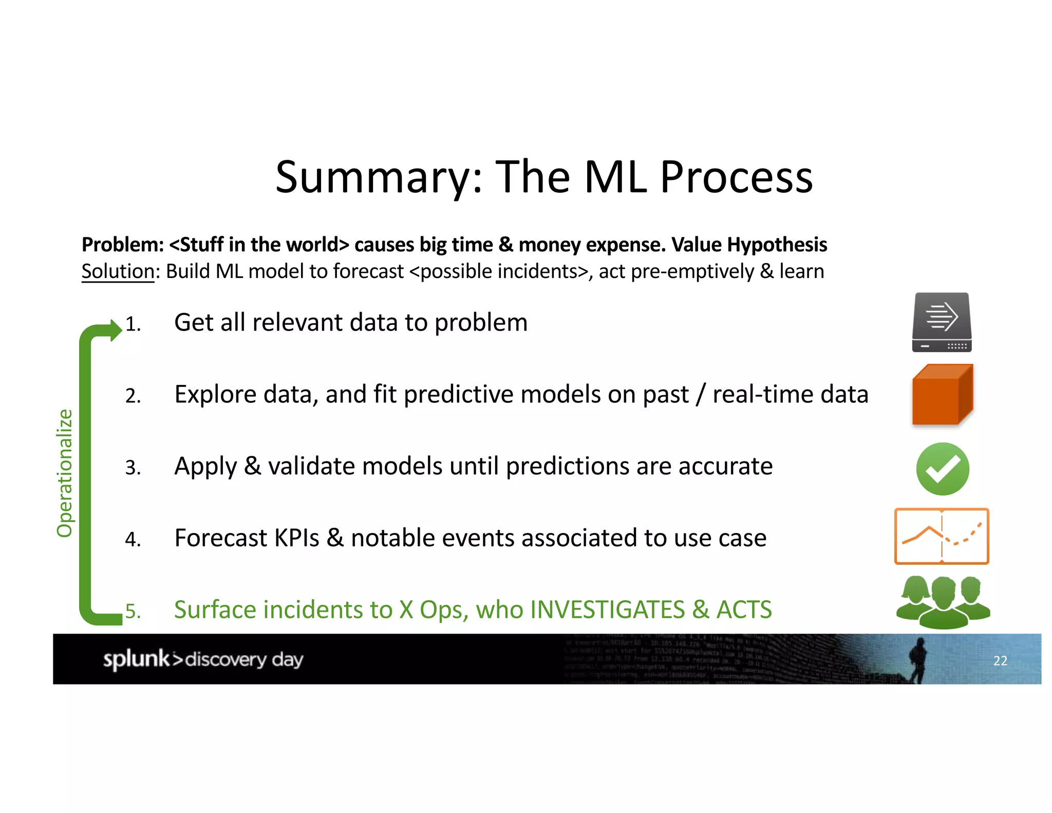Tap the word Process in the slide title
[x=736, y=178]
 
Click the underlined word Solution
[x=118, y=271]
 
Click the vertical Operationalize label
[x=65, y=473]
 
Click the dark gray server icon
[x=942, y=322]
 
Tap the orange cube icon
[x=942, y=395]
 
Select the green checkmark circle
[x=942, y=469]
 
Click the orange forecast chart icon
[x=942, y=536]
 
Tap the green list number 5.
[x=132, y=612]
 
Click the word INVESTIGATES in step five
[x=607, y=610]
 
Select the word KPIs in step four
[x=297, y=539]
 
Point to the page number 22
[x=1000, y=661]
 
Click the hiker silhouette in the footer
[x=917, y=660]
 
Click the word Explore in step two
[x=215, y=395]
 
